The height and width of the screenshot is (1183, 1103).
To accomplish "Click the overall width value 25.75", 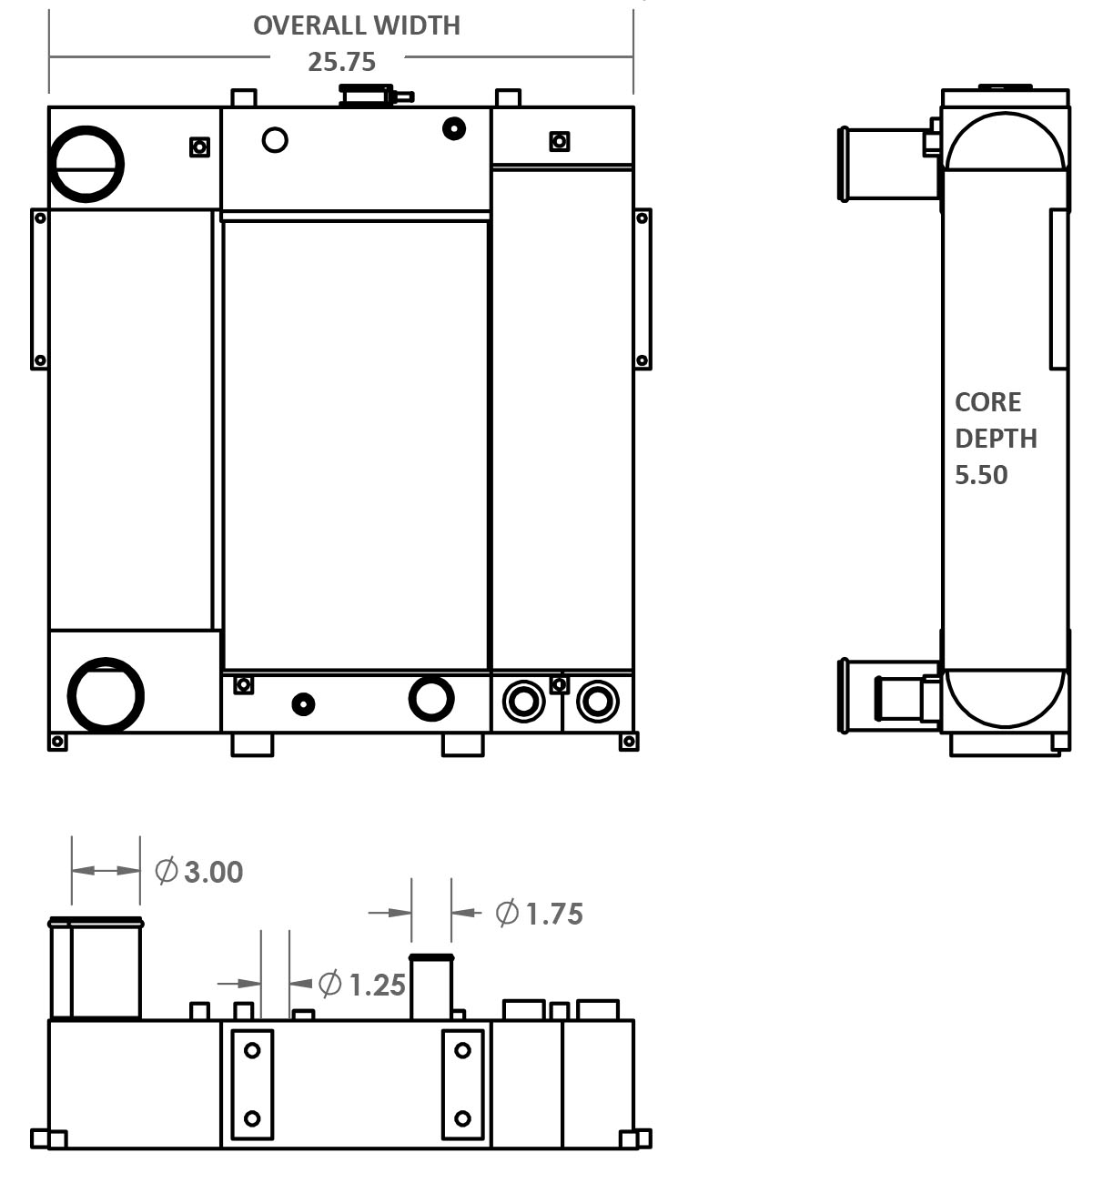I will tap(341, 62).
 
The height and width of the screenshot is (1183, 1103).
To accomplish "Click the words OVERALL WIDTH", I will tap(356, 25).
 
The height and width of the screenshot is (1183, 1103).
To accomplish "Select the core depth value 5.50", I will tap(980, 475).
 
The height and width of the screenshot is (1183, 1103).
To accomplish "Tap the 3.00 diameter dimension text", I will tap(214, 872).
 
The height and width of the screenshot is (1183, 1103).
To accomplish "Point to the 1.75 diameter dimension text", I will tap(553, 914).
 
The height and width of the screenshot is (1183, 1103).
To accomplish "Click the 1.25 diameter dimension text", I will tap(377, 985).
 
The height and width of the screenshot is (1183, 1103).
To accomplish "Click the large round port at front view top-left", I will tap(86, 164).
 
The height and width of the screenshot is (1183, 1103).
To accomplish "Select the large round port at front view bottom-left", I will tap(106, 696).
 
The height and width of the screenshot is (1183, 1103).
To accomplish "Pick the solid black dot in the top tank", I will tap(454, 128).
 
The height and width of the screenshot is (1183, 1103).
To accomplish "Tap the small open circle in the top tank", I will tap(275, 139).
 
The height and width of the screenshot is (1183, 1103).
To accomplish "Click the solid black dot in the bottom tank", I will tap(303, 703).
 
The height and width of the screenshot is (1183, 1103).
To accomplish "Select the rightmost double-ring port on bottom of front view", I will tap(596, 702).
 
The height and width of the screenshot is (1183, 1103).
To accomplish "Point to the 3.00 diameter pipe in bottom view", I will tap(96, 969).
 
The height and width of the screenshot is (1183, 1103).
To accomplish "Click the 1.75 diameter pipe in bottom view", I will tap(431, 987).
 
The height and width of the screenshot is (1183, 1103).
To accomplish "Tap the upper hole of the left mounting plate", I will tap(252, 1050).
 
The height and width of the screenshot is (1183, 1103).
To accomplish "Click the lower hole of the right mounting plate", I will tap(462, 1117).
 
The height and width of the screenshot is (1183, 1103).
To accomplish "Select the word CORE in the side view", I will tap(987, 402).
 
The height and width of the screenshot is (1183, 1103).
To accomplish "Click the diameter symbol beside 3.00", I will tap(167, 871).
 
